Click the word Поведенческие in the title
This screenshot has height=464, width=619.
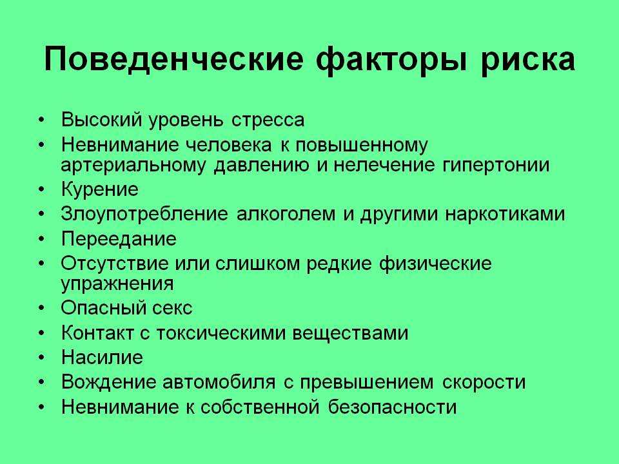173,60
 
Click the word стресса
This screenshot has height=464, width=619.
268,120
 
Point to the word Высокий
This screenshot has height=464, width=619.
101,120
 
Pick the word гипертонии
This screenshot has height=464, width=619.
496,166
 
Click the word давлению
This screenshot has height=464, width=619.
261,166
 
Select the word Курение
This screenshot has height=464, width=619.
100,189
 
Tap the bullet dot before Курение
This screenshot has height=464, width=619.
42,189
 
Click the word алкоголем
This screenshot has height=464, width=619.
286,214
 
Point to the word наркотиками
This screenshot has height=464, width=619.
505,214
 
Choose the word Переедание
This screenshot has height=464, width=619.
119,239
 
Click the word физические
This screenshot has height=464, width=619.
435,264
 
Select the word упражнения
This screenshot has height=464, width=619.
117,284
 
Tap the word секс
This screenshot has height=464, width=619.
173,309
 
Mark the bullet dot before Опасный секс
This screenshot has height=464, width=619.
42,308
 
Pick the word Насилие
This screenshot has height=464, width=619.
102,358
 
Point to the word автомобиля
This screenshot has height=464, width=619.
219,382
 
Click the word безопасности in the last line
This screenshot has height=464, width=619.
393,407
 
